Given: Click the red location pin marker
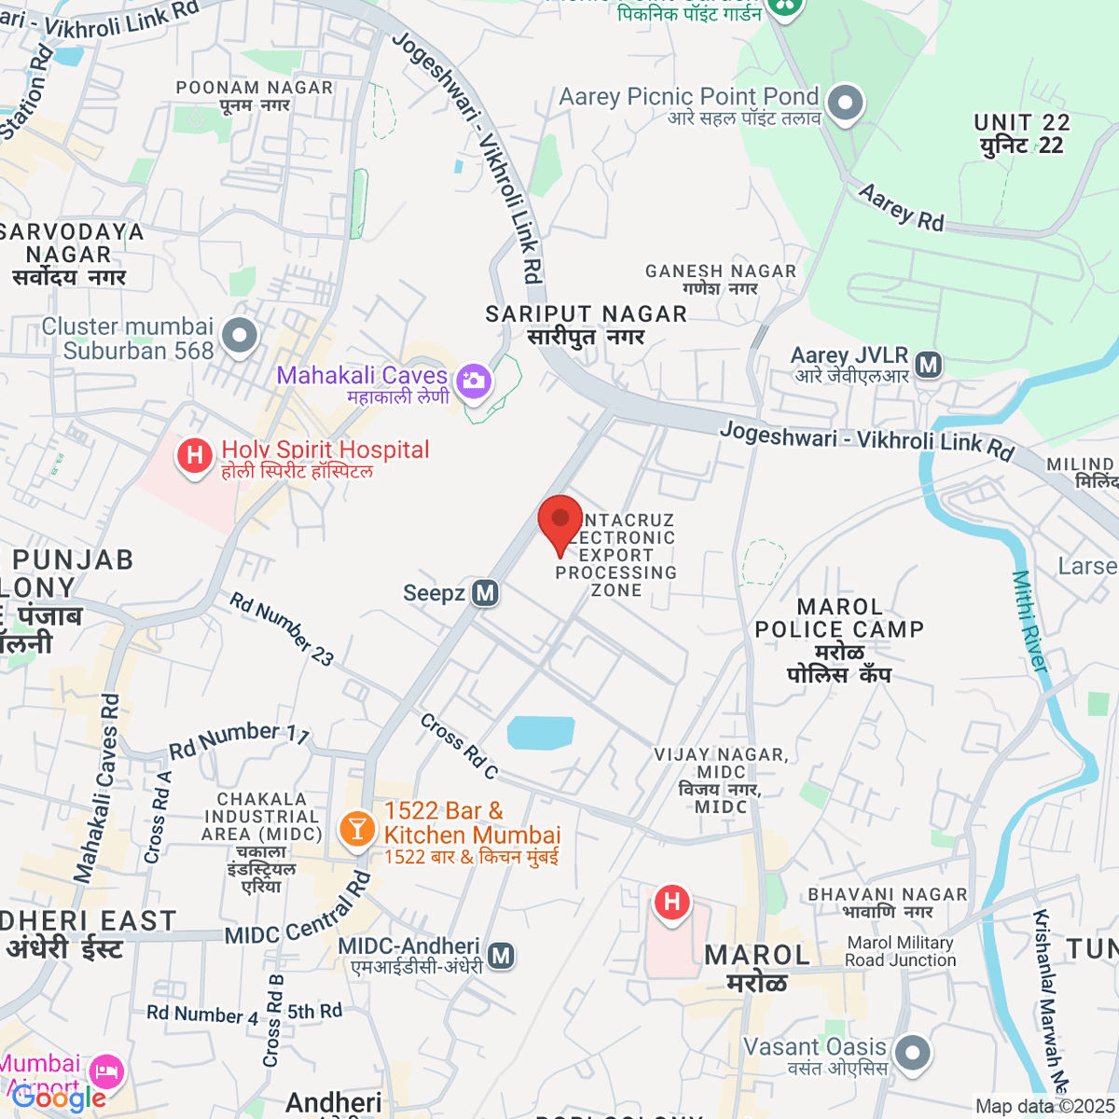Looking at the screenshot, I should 559,522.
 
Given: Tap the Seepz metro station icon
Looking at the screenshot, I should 485,593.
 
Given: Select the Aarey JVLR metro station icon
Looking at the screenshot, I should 928,365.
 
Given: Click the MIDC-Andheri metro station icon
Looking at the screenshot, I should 502,955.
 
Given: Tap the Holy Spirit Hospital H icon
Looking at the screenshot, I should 195,456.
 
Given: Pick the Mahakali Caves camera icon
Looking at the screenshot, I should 475,380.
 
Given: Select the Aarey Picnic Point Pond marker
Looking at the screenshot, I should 846,103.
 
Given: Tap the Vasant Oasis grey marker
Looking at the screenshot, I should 912,1054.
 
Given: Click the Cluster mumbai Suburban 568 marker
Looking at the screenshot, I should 240,336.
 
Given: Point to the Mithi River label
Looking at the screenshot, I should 1030,621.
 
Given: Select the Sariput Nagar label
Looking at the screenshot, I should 586,325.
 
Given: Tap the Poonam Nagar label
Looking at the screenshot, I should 255,96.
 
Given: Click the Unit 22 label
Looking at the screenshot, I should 1022,133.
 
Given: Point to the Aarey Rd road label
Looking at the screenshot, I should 902,208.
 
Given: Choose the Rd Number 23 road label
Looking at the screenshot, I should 282,629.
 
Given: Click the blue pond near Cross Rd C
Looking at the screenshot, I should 541,733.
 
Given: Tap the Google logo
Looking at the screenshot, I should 58,1098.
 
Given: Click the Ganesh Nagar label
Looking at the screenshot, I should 721,279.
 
